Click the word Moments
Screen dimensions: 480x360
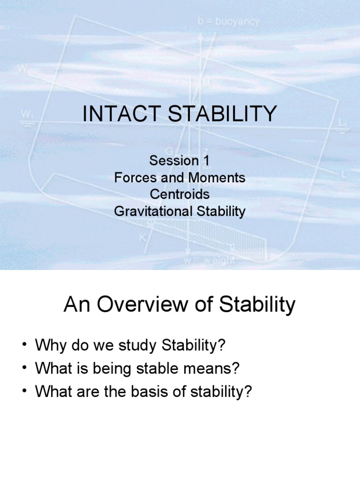(216, 178)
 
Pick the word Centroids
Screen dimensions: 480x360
(180, 195)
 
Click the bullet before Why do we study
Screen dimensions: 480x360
(24, 346)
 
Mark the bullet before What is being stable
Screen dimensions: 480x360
(24, 369)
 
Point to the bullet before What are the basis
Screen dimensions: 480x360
(24, 392)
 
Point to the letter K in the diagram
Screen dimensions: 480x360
(142, 237)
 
